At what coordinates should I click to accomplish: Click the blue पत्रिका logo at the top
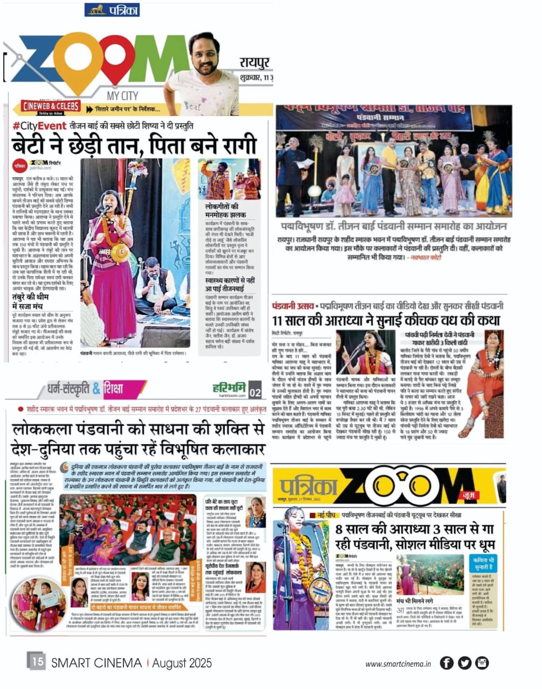[112, 10]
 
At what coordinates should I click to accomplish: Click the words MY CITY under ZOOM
[122, 96]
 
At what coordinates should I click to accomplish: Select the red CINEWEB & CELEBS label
[51, 107]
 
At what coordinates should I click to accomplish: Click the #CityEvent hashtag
[37, 126]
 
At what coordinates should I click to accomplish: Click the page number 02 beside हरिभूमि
[255, 392]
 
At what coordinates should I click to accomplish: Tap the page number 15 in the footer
[37, 660]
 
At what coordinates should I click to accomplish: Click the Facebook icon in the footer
[446, 663]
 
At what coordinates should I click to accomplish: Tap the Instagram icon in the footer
[482, 663]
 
